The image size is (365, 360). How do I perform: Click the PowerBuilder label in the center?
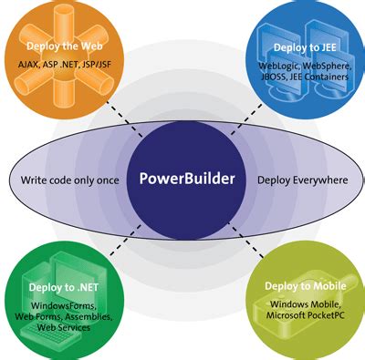tap(187, 179)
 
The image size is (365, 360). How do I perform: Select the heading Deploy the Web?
tap(65, 46)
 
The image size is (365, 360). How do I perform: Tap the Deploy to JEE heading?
tap(305, 47)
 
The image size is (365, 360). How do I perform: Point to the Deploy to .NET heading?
tap(64, 287)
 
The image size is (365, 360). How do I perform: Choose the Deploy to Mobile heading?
tap(306, 286)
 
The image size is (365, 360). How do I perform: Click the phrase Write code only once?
tap(69, 180)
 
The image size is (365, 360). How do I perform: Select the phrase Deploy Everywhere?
tap(303, 180)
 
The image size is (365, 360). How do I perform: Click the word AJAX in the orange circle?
tap(28, 65)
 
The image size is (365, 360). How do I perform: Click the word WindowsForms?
tap(64, 305)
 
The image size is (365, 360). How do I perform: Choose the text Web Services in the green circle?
tap(64, 327)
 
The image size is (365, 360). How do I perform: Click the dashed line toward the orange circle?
tap(124, 118)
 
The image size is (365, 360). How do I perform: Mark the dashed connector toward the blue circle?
tap(245, 119)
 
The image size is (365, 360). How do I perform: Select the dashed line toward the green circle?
tap(126, 240)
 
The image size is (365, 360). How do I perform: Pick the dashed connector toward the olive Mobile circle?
tap(245, 240)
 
